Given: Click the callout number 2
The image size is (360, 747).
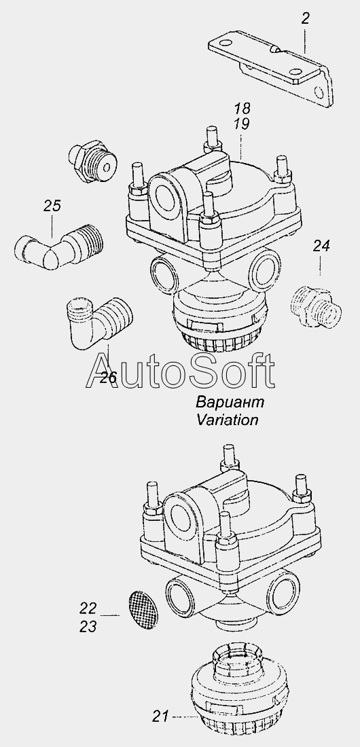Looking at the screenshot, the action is pyautogui.click(x=305, y=18).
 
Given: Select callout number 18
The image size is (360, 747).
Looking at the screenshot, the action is pyautogui.click(x=242, y=108).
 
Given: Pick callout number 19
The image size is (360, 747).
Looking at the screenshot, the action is pyautogui.click(x=242, y=124).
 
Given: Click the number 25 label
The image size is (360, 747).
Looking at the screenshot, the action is pyautogui.click(x=52, y=206).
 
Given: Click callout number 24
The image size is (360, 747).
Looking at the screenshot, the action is pyautogui.click(x=321, y=246).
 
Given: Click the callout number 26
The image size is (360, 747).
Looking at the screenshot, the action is pyautogui.click(x=108, y=378).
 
